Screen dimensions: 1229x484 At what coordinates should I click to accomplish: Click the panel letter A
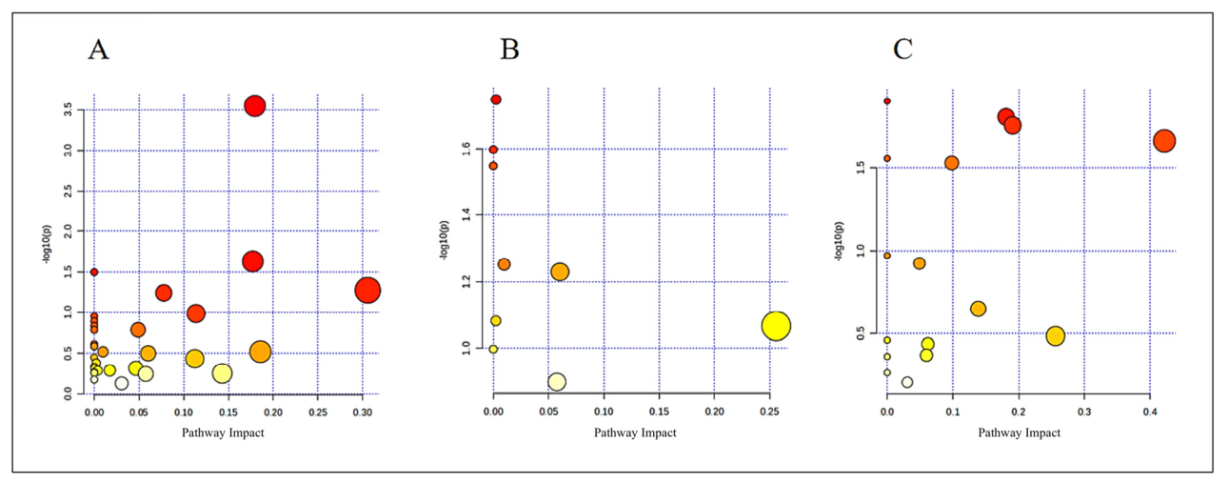[x=99, y=50]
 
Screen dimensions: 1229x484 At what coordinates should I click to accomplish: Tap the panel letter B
[x=509, y=50]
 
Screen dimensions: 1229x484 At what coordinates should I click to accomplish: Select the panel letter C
[x=902, y=50]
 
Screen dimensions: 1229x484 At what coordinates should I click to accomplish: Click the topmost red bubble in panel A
[x=255, y=106]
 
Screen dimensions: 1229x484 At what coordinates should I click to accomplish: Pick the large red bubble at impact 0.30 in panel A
[x=367, y=290]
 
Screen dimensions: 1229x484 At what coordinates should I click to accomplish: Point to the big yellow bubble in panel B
[x=776, y=327]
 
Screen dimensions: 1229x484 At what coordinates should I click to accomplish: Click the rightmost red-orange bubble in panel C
[x=1163, y=141]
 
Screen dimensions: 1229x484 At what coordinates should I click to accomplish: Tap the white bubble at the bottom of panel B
[x=557, y=382]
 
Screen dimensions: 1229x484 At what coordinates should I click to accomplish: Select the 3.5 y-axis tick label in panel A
[x=68, y=110]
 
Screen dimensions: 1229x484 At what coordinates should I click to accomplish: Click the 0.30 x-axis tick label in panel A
[x=362, y=413]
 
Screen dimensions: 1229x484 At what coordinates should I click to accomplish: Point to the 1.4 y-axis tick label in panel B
[x=466, y=214]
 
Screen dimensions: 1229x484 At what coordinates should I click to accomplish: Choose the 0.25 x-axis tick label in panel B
[x=770, y=412]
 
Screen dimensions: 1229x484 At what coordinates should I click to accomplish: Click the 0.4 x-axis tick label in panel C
[x=1150, y=412]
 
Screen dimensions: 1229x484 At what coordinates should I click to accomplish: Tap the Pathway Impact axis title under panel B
[x=635, y=433]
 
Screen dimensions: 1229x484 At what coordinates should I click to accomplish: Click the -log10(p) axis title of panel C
[x=840, y=241]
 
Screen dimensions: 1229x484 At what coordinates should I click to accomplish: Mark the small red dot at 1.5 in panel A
[x=94, y=272]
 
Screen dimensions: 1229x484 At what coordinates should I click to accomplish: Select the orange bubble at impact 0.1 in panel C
[x=952, y=163]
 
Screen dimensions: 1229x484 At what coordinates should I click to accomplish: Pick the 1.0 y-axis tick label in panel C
[x=861, y=252]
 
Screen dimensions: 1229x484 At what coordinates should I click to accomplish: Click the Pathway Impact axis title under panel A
[x=223, y=433]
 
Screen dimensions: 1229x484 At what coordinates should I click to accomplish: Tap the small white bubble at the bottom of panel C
[x=907, y=382]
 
